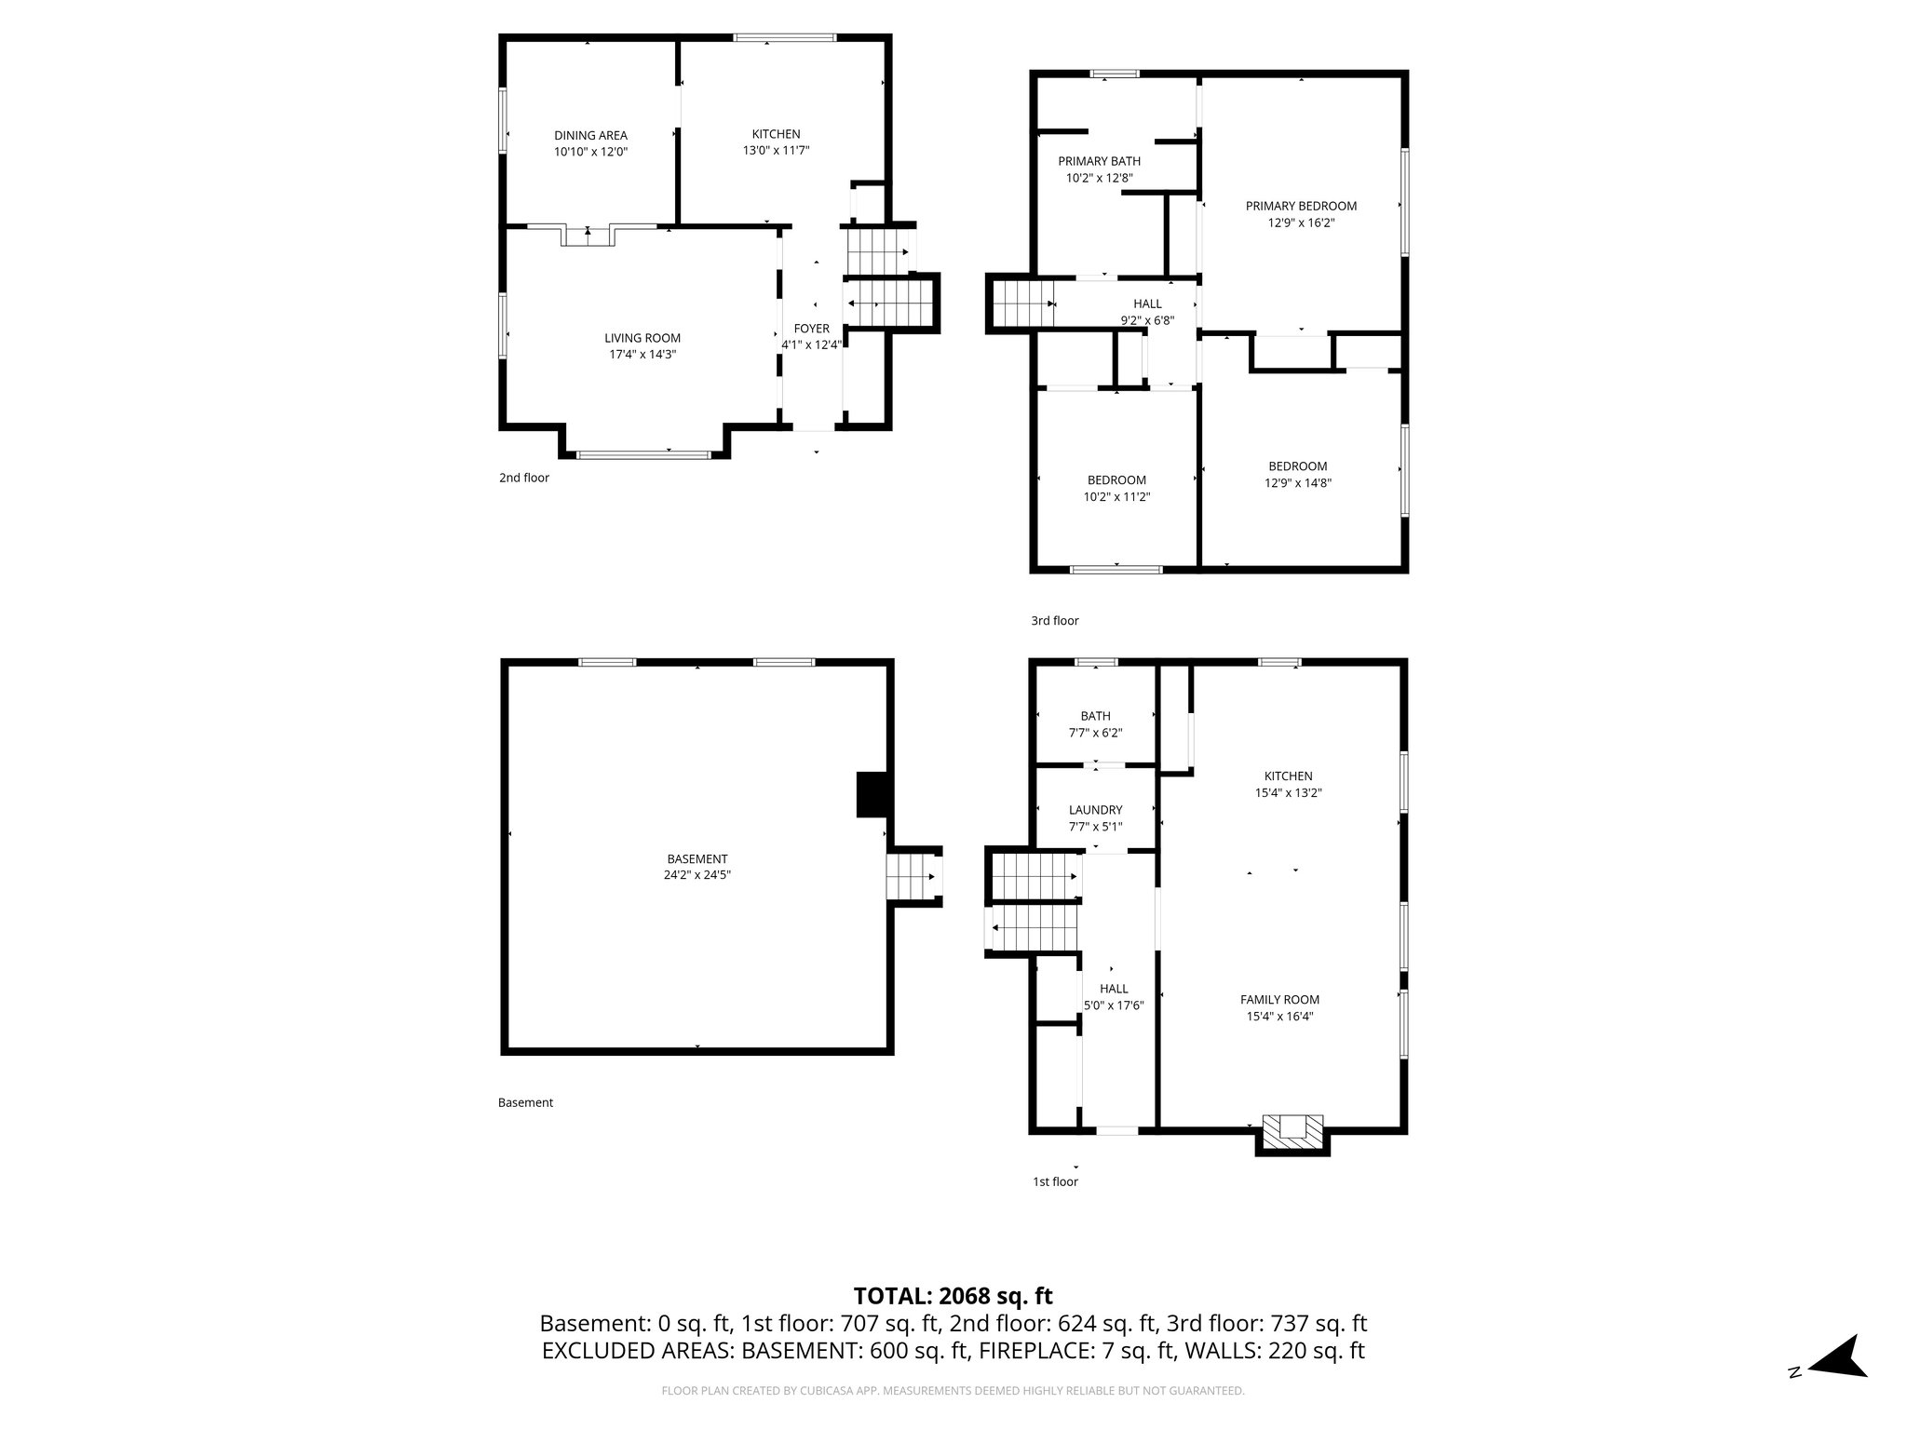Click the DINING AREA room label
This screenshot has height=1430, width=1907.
pos(590,135)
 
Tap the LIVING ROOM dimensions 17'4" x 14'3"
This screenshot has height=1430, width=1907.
pos(642,355)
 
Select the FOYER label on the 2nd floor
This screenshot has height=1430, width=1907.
pos(811,329)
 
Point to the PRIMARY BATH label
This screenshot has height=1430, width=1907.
pos(1099,161)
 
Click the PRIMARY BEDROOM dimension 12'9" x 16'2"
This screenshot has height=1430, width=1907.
pos(1301,223)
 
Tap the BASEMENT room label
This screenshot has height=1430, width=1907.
pos(697,858)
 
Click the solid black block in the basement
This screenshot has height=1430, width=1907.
pos(871,795)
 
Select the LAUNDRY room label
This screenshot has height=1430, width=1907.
pos(1095,810)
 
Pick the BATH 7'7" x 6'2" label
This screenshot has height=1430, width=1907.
pos(1095,724)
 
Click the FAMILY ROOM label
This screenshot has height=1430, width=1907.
pos(1279,1000)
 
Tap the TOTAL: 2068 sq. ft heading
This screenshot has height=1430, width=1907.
pos(953,1296)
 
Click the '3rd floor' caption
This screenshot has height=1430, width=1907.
pos(1054,621)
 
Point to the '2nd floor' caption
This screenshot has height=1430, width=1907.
pos(524,478)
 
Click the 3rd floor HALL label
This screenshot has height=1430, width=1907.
pos(1147,304)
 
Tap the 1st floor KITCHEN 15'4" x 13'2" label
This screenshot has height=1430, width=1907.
pos(1288,785)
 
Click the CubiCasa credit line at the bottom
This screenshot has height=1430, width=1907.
pos(953,1391)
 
